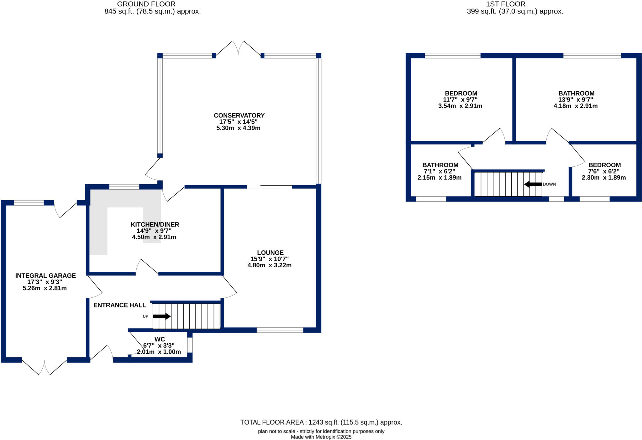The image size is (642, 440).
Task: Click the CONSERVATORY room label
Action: tap(239, 115)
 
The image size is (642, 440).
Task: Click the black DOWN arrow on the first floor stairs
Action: tap(533, 184)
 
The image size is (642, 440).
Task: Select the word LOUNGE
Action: tap(270, 253)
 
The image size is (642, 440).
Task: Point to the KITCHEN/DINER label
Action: tap(155, 224)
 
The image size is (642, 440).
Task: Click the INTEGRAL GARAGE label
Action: tap(45, 275)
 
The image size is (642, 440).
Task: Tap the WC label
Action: tap(160, 339)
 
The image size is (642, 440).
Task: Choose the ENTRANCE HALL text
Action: tap(120, 305)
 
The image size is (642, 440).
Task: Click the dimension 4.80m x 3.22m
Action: tap(270, 265)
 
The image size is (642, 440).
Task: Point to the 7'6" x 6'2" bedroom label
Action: tap(604, 171)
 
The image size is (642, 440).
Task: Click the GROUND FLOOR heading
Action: tap(146, 4)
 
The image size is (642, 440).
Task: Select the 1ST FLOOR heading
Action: tap(506, 4)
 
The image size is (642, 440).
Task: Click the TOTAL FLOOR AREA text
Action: tap(321, 422)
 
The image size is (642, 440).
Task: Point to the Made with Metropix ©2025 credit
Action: tap(321, 437)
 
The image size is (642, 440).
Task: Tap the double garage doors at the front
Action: tap(44, 367)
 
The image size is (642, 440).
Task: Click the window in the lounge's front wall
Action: tap(280, 330)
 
